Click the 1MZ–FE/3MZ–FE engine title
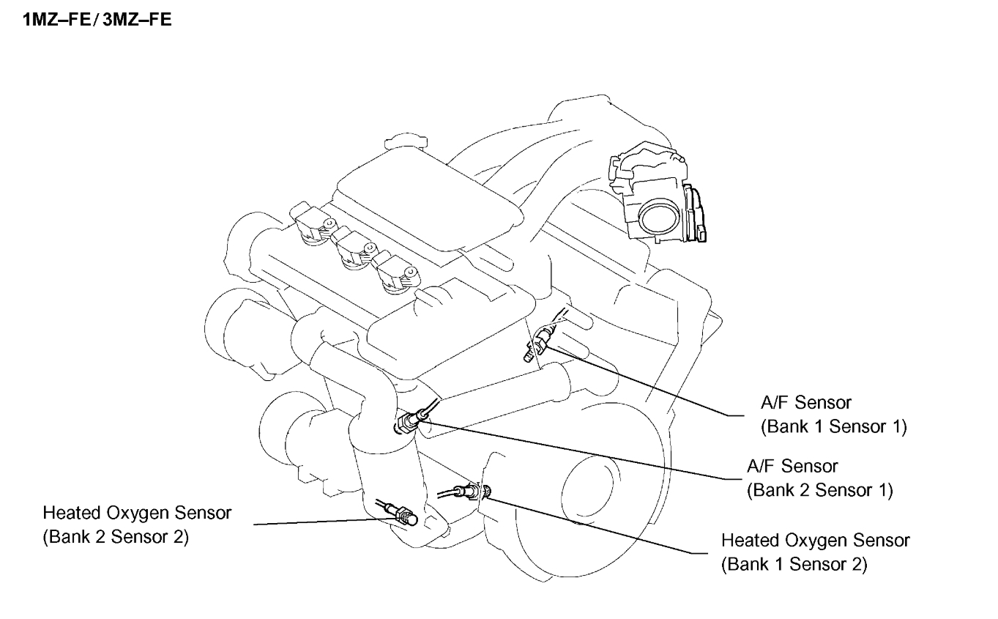tap(98, 20)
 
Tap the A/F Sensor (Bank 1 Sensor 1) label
tap(833, 414)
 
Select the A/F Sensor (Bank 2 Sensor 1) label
tap(819, 477)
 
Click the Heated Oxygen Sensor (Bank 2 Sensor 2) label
tap(137, 525)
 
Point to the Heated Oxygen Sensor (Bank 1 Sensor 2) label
tap(815, 552)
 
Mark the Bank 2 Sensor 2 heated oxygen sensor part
tap(401, 514)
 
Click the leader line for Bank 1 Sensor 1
tap(644, 382)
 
